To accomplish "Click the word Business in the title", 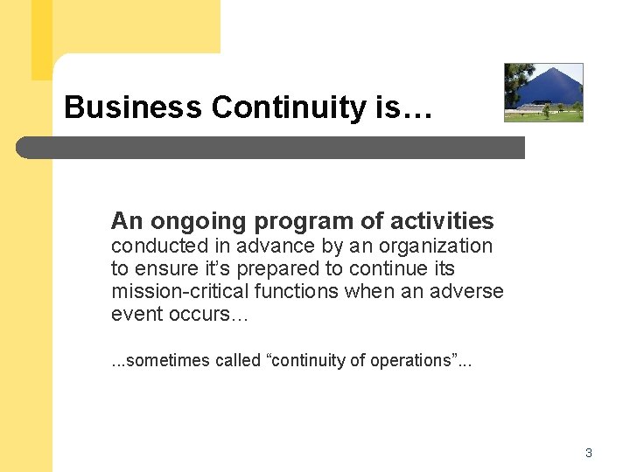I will [132, 108].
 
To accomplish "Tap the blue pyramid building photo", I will [543, 92].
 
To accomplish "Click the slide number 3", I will [589, 453].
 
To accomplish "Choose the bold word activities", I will [433, 221].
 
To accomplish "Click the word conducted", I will [154, 246].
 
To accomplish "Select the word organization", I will [437, 246].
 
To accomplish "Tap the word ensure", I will [163, 269].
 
